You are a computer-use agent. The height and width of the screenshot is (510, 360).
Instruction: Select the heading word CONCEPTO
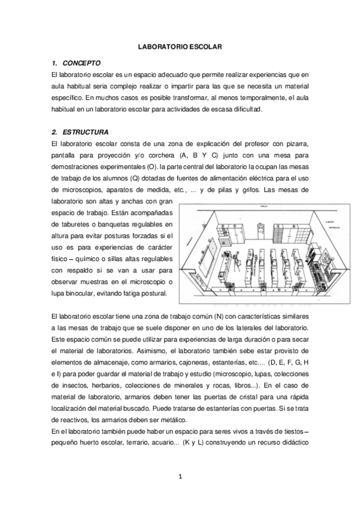82,63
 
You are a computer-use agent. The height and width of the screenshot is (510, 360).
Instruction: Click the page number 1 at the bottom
180,478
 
